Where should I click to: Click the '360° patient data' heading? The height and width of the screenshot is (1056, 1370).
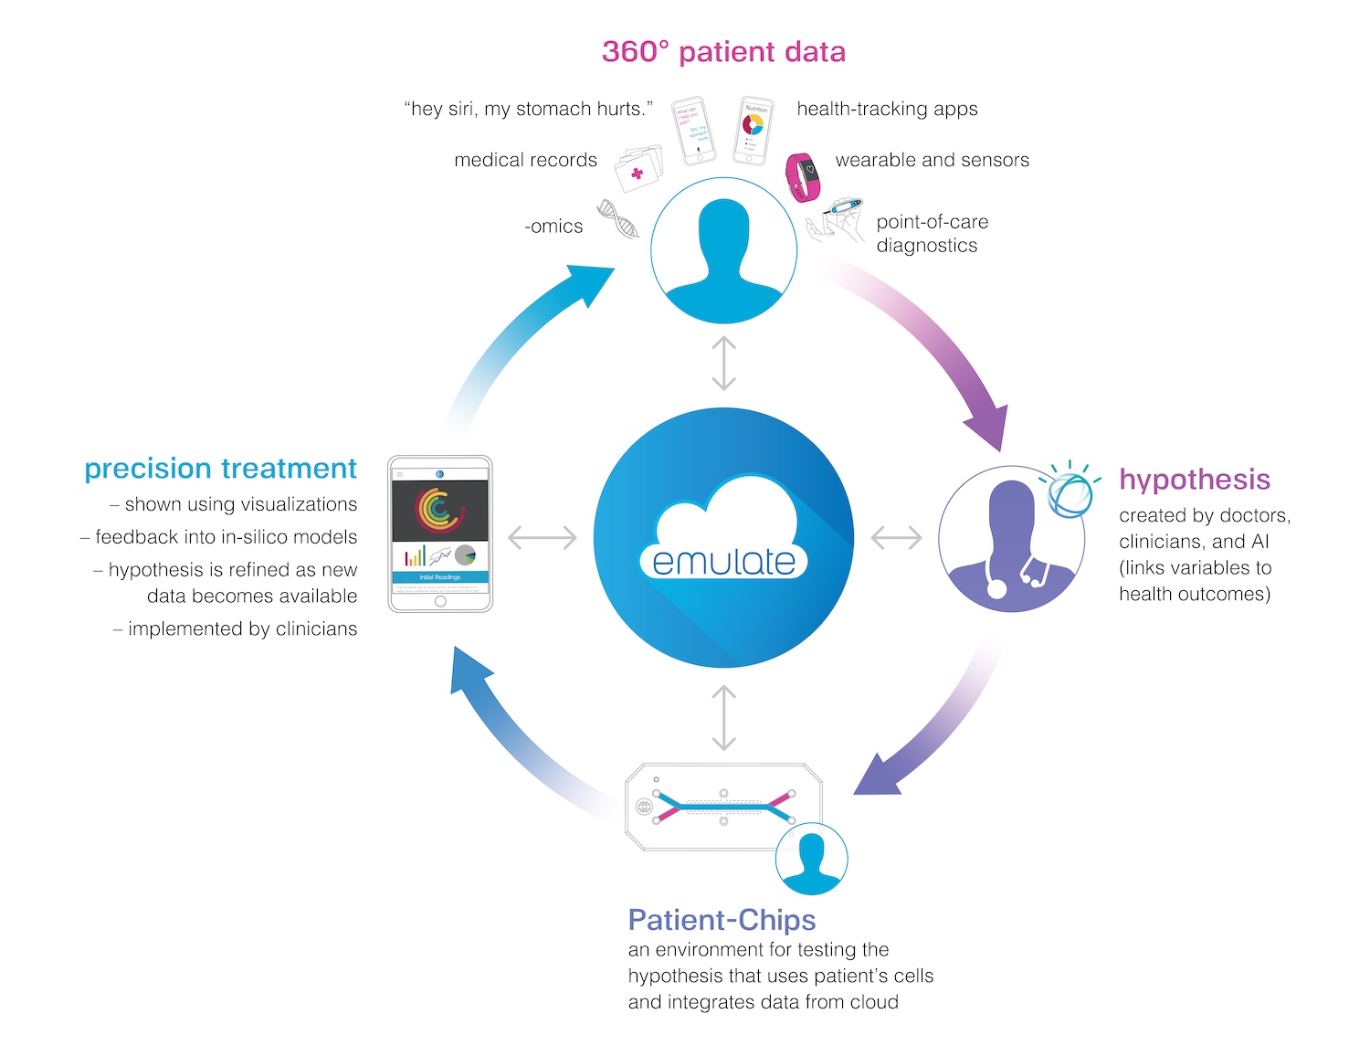pyautogui.click(x=723, y=52)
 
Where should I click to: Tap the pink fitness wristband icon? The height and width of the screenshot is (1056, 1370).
pyautogui.click(x=803, y=176)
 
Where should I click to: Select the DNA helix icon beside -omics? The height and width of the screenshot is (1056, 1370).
pyautogui.click(x=617, y=219)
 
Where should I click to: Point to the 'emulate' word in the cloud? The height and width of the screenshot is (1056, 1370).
pyautogui.click(x=723, y=561)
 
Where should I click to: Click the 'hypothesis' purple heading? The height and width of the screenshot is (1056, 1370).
pyautogui.click(x=1194, y=480)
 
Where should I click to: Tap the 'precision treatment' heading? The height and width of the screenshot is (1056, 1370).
pyautogui.click(x=220, y=469)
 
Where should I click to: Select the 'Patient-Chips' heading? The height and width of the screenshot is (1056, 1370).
pyautogui.click(x=722, y=920)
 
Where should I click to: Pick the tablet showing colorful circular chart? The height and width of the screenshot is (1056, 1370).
pyautogui.click(x=440, y=534)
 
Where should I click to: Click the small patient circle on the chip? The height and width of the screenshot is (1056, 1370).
pyautogui.click(x=811, y=859)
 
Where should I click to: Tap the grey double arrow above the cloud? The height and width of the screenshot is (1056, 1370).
pyautogui.click(x=723, y=363)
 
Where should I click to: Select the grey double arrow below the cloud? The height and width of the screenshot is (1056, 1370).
pyautogui.click(x=723, y=718)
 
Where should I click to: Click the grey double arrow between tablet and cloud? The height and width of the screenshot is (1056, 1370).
pyautogui.click(x=543, y=538)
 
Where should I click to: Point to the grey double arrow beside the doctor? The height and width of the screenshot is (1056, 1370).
pyautogui.click(x=896, y=538)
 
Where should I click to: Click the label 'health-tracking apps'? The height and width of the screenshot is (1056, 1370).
pyautogui.click(x=887, y=110)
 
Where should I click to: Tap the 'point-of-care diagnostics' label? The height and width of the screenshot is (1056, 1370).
pyautogui.click(x=932, y=234)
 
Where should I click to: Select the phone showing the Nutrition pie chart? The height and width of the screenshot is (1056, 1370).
pyautogui.click(x=754, y=131)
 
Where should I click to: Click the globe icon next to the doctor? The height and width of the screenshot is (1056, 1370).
pyautogui.click(x=1069, y=494)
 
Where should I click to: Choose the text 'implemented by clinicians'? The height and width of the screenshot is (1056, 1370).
pyautogui.click(x=242, y=629)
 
